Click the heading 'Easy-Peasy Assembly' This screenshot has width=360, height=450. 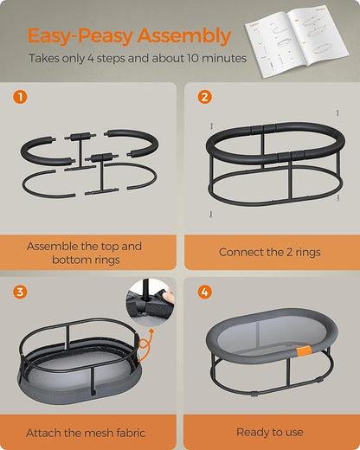click(x=129, y=36)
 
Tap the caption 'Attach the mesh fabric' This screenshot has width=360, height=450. click(x=85, y=432)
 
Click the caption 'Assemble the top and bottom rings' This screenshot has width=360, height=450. click(x=85, y=253)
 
